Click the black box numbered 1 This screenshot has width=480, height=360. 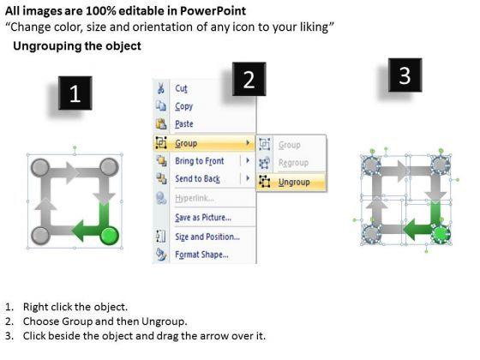coord(75,93)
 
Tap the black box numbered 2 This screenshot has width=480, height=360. coord(249,79)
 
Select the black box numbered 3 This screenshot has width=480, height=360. coord(405,75)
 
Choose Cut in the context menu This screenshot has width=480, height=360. coord(181,88)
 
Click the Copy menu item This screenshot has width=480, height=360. coord(183,106)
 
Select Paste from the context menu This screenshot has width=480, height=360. coord(184,124)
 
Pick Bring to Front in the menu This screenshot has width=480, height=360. coord(199,161)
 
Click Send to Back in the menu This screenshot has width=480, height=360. coord(197,178)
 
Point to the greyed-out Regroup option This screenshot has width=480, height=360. coord(293,163)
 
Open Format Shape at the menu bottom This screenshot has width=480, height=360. coord(201,255)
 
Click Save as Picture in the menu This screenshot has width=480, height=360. coord(203,218)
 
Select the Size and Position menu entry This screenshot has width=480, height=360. coord(207,237)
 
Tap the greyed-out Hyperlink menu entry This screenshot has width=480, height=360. coord(195,198)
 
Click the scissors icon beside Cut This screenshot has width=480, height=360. coord(161,88)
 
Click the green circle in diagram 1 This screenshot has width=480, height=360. coord(110,236)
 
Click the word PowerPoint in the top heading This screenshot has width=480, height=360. coord(213,11)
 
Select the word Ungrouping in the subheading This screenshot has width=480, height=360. coord(47,46)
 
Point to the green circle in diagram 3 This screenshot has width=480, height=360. coord(441,234)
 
